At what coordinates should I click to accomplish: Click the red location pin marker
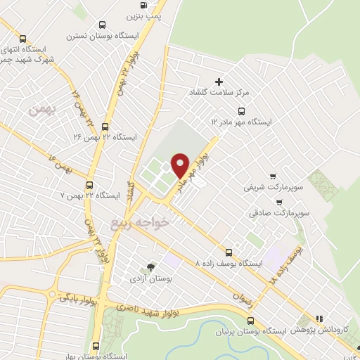coord(180,165)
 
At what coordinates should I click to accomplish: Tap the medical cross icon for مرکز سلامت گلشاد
coord(219,82)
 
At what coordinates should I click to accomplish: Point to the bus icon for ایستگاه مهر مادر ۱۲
coord(242,111)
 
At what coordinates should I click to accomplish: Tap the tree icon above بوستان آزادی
coord(150,267)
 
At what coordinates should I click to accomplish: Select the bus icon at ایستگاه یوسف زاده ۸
coord(228,252)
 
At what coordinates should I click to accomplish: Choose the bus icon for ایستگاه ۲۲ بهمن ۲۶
coord(105,127)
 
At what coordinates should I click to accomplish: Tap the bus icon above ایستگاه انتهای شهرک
coord(24,39)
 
